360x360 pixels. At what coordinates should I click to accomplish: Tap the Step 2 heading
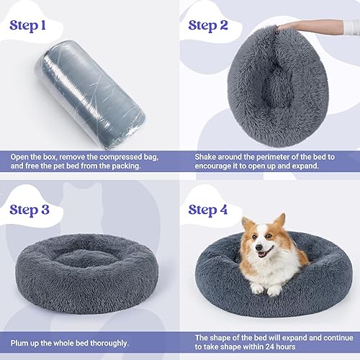click(217, 26)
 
